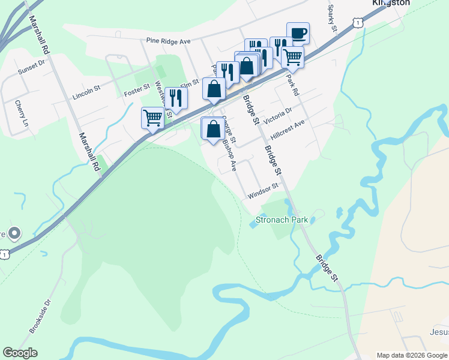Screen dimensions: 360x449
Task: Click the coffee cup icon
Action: (298, 33)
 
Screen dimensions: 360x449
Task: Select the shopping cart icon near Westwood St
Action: (152, 118)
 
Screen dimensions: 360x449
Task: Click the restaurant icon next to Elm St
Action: (175, 98)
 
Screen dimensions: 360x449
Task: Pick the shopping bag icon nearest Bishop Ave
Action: (212, 129)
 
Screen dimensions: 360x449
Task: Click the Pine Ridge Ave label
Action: (168, 41)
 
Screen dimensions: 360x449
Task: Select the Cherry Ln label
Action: (22, 113)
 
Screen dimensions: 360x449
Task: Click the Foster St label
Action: (137, 91)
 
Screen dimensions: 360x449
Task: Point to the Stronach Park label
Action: (282, 220)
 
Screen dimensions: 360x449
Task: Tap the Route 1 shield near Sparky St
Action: (358, 22)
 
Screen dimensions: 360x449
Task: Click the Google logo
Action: (20, 353)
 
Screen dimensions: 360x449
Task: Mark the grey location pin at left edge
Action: (15, 232)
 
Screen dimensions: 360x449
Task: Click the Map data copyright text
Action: (411, 355)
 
